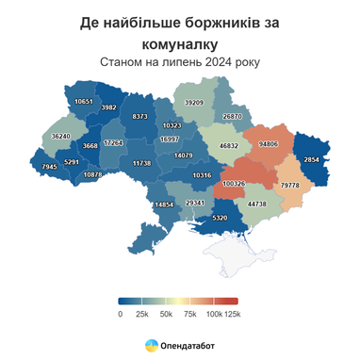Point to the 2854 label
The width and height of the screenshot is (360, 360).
[313, 161]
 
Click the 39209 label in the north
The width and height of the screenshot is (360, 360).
[194, 102]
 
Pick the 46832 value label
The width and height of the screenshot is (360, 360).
[229, 146]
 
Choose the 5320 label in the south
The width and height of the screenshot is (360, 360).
[220, 218]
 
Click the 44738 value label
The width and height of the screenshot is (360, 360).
[256, 204]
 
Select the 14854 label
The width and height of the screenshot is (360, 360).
[163, 205]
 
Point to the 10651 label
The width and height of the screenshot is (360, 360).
[83, 101]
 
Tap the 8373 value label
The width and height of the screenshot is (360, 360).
[139, 116]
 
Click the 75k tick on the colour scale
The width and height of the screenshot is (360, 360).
[190, 313]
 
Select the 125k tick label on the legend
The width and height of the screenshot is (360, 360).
[233, 313]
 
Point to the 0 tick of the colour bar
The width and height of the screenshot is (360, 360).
[121, 313]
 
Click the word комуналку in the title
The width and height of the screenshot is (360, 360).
[179, 43]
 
